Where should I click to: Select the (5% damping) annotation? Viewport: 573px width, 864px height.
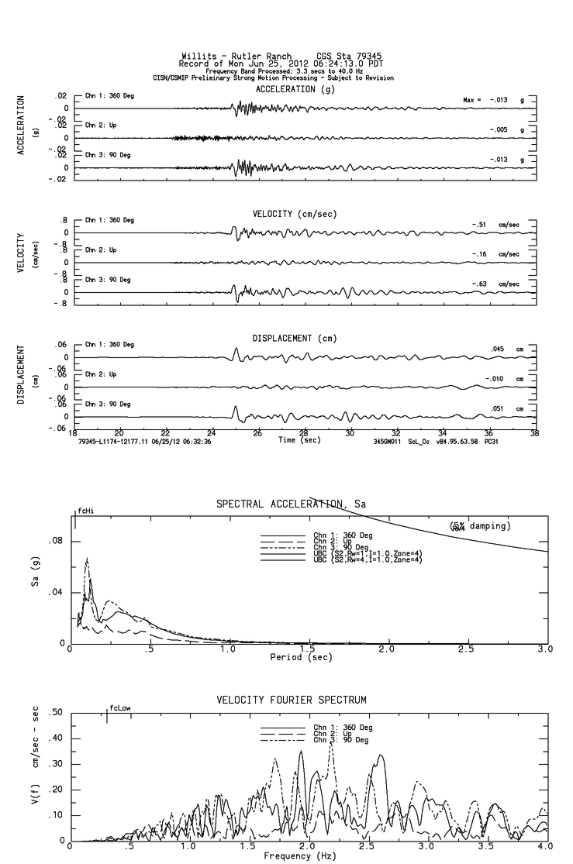(x=479, y=526)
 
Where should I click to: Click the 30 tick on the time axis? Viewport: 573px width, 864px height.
(x=350, y=432)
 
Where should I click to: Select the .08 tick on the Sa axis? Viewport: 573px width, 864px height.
(x=57, y=541)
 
